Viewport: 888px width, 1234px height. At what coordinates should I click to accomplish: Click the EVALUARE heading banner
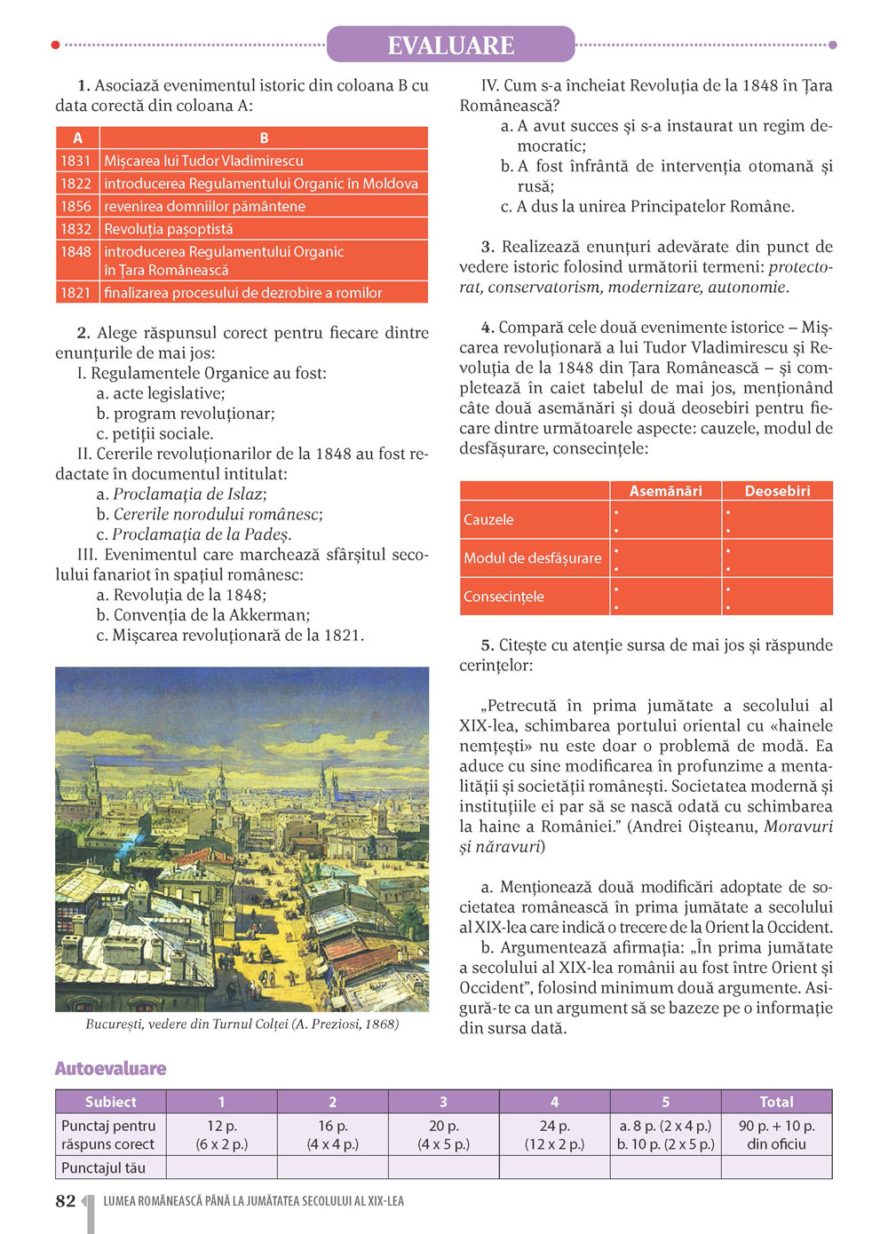tap(450, 45)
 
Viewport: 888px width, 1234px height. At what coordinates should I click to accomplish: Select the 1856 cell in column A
tap(76, 206)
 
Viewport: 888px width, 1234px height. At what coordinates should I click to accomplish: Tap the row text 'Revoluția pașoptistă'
tap(169, 229)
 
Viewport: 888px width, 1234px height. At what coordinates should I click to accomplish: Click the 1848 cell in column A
tap(76, 252)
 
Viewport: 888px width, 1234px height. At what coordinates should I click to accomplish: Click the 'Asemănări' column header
tap(665, 491)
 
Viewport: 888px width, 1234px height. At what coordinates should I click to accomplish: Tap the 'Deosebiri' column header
tap(777, 491)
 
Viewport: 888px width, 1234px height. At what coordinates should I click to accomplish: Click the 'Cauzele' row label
tap(488, 520)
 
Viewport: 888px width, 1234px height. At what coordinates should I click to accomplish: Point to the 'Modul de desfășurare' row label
tap(532, 558)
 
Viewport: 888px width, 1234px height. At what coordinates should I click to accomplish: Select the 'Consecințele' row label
tap(503, 597)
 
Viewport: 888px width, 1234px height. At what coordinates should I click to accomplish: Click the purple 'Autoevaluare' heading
tap(111, 1069)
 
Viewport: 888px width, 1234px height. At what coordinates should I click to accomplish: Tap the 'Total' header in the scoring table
tap(776, 1102)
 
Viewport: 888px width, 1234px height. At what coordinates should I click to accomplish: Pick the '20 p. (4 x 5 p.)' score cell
tap(443, 1135)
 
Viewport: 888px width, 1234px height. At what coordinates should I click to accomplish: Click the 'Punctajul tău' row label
tap(103, 1167)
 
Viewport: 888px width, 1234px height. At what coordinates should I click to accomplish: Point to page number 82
tap(66, 1201)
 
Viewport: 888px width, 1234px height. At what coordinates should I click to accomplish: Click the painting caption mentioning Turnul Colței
tap(242, 1024)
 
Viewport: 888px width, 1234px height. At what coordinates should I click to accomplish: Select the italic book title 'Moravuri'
tap(798, 827)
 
